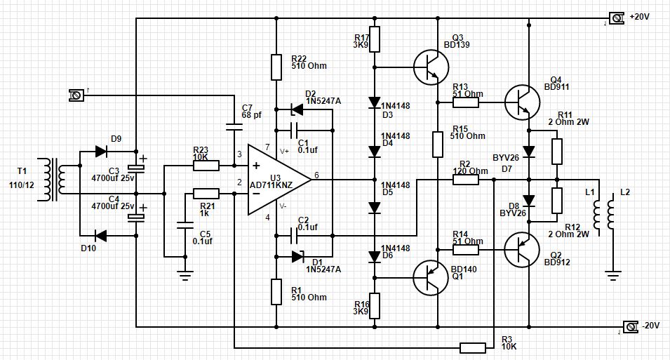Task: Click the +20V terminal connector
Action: click(x=616, y=18)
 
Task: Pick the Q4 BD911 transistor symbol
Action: click(x=521, y=102)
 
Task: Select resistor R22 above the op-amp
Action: click(x=277, y=67)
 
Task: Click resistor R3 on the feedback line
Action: click(x=473, y=347)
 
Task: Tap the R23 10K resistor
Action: click(x=206, y=166)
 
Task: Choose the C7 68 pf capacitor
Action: click(x=234, y=128)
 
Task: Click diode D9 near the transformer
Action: click(x=99, y=150)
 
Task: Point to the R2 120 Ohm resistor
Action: click(x=466, y=180)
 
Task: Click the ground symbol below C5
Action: click(x=185, y=275)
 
